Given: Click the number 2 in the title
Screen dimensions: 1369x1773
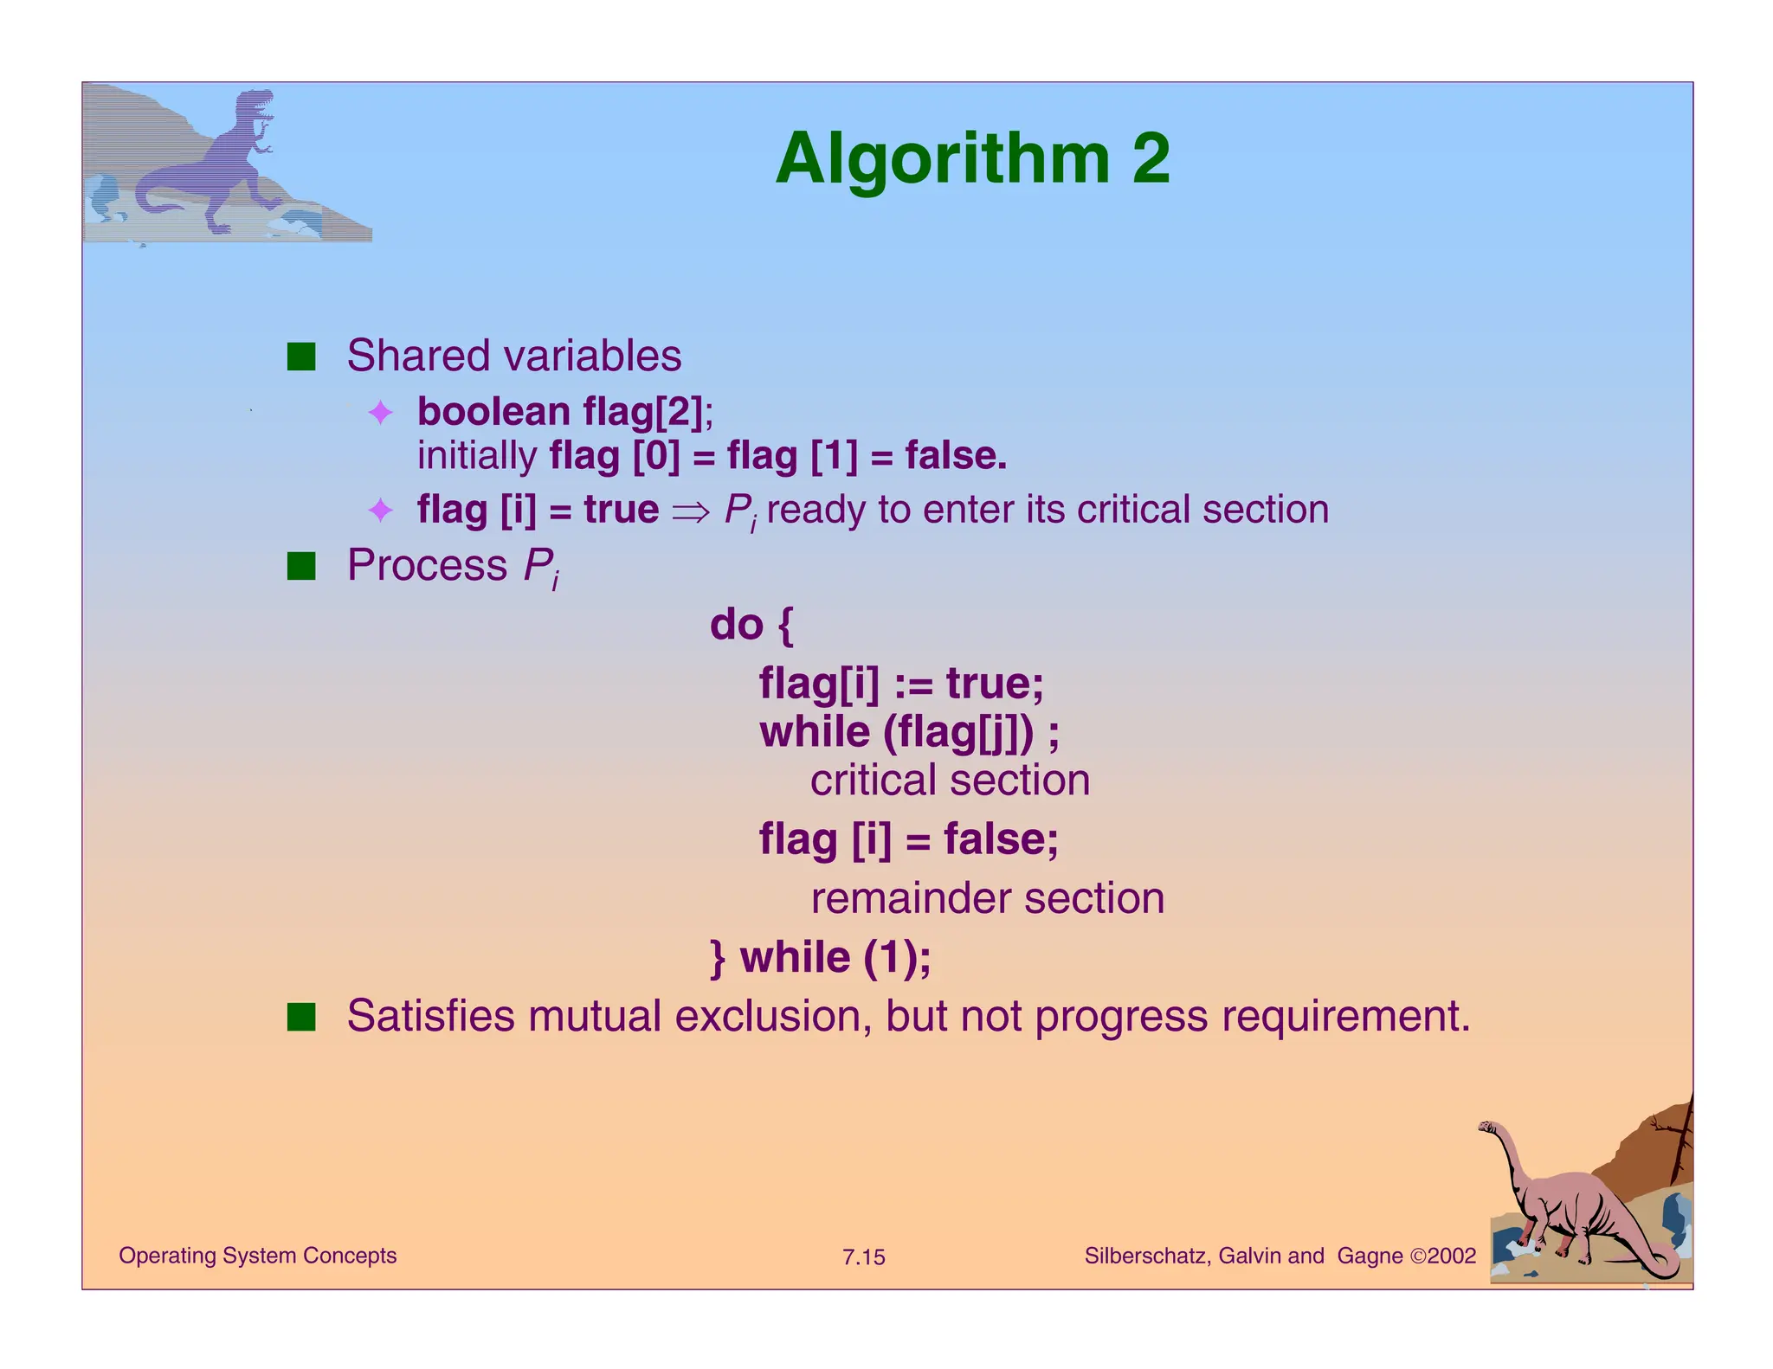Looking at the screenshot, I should pos(1151,159).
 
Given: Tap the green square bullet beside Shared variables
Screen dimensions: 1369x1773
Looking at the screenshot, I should pos(301,357).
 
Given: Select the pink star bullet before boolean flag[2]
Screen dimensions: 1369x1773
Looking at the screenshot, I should pos(381,413).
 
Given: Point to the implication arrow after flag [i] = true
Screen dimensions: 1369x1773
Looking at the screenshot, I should pos(690,511).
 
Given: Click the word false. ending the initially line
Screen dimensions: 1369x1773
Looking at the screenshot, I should pos(956,456).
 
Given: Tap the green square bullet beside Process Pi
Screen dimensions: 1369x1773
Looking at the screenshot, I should pos(301,566).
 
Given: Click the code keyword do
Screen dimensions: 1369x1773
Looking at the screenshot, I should pos(736,625).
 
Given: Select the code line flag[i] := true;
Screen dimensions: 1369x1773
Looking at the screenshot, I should pos(900,684).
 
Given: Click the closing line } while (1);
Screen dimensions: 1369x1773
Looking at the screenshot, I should pos(820,958).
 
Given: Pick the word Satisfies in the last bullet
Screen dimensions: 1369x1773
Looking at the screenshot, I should pos(430,1016).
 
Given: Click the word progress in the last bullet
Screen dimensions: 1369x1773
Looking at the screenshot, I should pos(1120,1016).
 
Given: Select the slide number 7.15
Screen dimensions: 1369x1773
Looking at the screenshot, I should pos(863,1257).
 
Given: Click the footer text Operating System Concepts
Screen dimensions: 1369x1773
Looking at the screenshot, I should pos(257,1256).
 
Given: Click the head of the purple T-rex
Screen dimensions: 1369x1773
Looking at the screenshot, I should pos(257,102).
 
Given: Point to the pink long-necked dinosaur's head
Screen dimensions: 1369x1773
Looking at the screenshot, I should pos(1488,1128).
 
